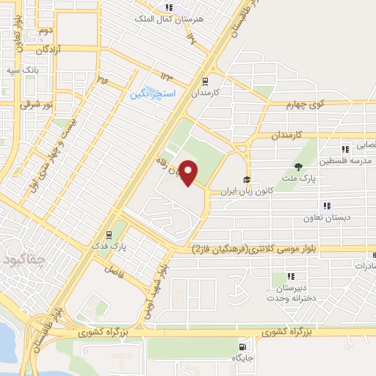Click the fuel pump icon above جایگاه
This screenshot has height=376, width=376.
point(242,347)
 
